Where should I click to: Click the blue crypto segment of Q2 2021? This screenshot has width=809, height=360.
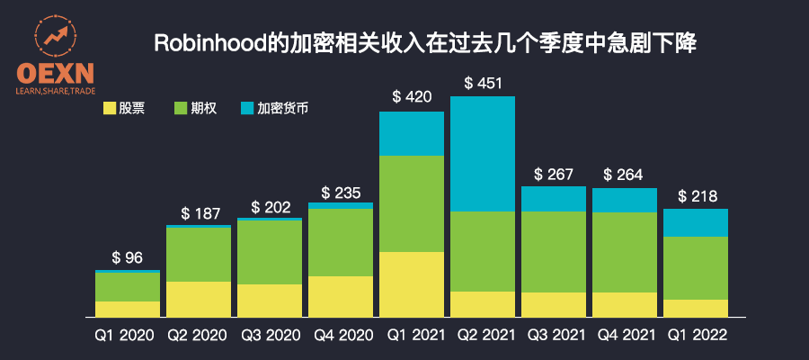tap(483, 154)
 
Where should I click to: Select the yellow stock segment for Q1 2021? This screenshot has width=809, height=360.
tap(412, 283)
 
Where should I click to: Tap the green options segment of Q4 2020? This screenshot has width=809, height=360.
tap(341, 242)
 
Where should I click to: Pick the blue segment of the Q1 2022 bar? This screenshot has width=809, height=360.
tap(695, 222)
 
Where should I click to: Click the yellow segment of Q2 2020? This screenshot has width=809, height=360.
tap(199, 298)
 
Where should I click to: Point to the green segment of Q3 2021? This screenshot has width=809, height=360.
tap(553, 252)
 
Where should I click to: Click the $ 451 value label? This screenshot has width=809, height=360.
tap(483, 84)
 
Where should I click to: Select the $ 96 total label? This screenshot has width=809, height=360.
tap(128, 257)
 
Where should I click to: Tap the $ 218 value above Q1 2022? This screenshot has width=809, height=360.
tap(695, 196)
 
